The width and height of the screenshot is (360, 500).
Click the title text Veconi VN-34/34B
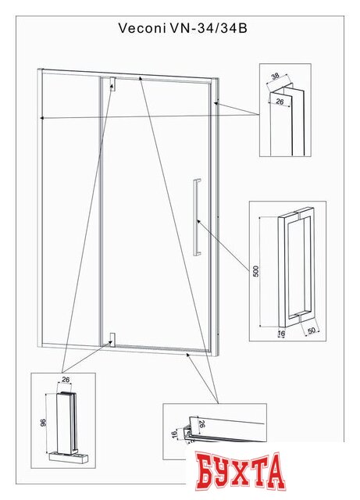(x=179, y=27)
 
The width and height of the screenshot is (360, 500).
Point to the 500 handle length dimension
(x=255, y=270)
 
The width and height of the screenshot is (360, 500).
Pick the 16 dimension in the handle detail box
(x=281, y=331)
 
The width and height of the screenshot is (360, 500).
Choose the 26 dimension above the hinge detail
(x=66, y=380)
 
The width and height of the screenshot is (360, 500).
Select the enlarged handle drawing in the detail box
(x=296, y=266)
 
